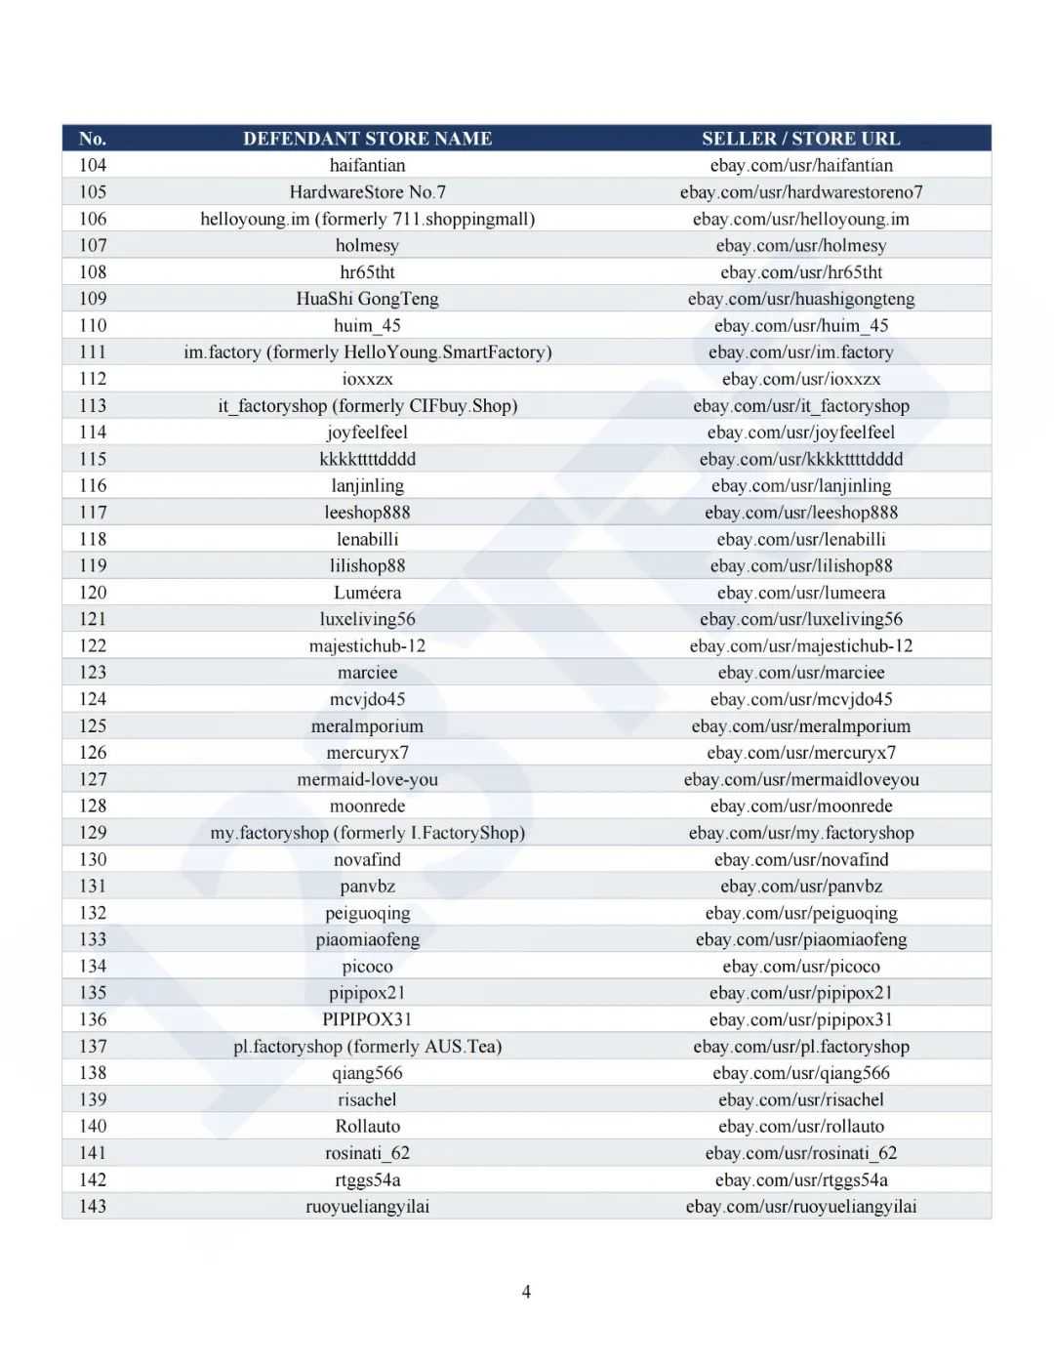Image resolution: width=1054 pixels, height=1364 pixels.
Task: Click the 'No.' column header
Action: pos(93,139)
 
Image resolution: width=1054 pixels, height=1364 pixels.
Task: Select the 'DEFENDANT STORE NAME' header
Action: pos(367,139)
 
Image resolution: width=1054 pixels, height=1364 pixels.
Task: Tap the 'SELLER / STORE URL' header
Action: pos(800,139)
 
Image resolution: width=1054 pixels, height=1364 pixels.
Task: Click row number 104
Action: pos(93,166)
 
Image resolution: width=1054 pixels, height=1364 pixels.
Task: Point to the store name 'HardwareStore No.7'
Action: pos(367,192)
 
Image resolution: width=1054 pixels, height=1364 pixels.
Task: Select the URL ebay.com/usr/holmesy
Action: pos(800,246)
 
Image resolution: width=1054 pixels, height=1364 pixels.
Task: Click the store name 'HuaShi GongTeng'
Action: pos(367,299)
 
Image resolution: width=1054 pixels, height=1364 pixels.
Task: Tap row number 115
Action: pos(93,459)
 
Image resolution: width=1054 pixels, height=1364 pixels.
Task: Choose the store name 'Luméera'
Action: pos(367,593)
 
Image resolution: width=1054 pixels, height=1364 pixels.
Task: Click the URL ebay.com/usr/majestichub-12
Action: pos(800,646)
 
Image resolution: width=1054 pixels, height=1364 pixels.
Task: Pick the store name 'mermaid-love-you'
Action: pos(367,779)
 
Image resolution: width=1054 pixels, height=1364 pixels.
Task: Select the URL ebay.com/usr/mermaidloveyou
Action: pos(800,779)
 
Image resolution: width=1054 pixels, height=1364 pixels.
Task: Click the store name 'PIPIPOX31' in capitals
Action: pos(367,1019)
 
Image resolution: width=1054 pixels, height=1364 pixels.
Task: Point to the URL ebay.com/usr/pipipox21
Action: pos(800,993)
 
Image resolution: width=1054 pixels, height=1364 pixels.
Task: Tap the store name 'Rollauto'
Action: pos(367,1126)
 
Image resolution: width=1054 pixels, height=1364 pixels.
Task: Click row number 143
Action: pos(93,1206)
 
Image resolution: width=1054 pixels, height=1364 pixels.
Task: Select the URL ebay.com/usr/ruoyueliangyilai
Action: pos(800,1206)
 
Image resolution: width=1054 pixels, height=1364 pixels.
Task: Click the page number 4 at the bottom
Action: pos(526,1292)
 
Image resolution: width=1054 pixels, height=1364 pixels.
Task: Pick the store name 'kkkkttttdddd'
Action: pos(367,459)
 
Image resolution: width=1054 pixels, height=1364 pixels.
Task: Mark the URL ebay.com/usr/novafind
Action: pos(800,859)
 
